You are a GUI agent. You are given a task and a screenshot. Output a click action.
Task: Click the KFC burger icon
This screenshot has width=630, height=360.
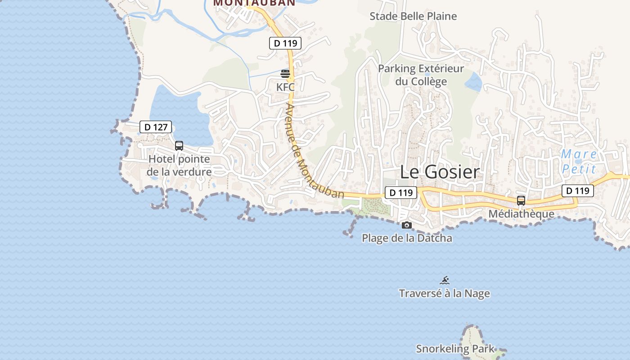click(285, 74)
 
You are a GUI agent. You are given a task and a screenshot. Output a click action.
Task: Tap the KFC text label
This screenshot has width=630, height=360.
click(285, 87)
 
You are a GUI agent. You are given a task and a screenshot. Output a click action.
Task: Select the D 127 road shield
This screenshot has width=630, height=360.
click(156, 127)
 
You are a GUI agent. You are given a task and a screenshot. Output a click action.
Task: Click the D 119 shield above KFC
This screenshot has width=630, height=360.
click(285, 43)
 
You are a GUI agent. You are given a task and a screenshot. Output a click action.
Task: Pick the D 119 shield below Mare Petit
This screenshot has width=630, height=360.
click(577, 191)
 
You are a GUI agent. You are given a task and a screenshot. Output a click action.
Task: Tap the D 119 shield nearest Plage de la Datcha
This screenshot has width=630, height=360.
click(400, 193)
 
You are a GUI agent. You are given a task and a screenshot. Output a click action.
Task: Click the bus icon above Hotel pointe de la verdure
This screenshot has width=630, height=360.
click(179, 146)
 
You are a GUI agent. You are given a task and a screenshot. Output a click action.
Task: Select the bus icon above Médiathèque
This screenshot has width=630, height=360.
click(521, 201)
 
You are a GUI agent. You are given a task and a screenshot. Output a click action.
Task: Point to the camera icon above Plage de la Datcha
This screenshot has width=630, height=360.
click(407, 225)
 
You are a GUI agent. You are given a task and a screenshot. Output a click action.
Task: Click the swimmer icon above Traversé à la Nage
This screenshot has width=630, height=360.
click(445, 280)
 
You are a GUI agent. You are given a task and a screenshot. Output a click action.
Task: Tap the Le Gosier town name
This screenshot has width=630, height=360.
click(440, 172)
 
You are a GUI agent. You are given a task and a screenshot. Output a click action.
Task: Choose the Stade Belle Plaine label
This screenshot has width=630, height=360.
click(413, 17)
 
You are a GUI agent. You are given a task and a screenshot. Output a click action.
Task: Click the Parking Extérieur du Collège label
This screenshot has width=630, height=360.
click(421, 75)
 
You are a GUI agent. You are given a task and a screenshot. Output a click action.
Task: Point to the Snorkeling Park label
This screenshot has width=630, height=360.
click(455, 349)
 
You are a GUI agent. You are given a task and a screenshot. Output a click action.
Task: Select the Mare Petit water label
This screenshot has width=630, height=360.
click(579, 162)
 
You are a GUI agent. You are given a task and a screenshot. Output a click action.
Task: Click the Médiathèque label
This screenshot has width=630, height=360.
click(522, 214)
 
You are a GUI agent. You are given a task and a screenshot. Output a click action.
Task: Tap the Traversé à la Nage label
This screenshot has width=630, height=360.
click(445, 293)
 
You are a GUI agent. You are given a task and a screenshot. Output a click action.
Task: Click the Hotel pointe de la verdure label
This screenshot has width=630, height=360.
click(179, 166)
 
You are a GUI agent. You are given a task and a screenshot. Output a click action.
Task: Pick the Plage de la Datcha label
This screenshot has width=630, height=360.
click(407, 238)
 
